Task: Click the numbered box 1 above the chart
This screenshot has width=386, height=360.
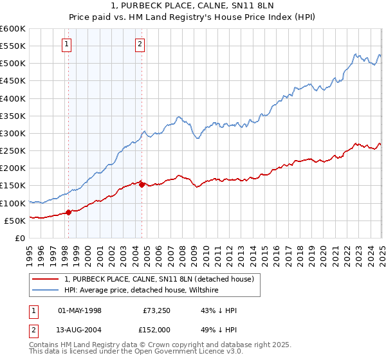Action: click(68, 44)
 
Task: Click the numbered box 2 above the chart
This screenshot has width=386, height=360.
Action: click(140, 44)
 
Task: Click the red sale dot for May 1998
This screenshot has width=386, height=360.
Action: click(69, 213)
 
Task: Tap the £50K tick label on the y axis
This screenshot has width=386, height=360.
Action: click(15, 221)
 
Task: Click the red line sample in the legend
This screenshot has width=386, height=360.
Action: click(46, 279)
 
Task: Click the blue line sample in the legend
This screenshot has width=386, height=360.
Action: click(46, 290)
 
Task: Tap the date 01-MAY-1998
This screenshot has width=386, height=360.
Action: click(79, 310)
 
